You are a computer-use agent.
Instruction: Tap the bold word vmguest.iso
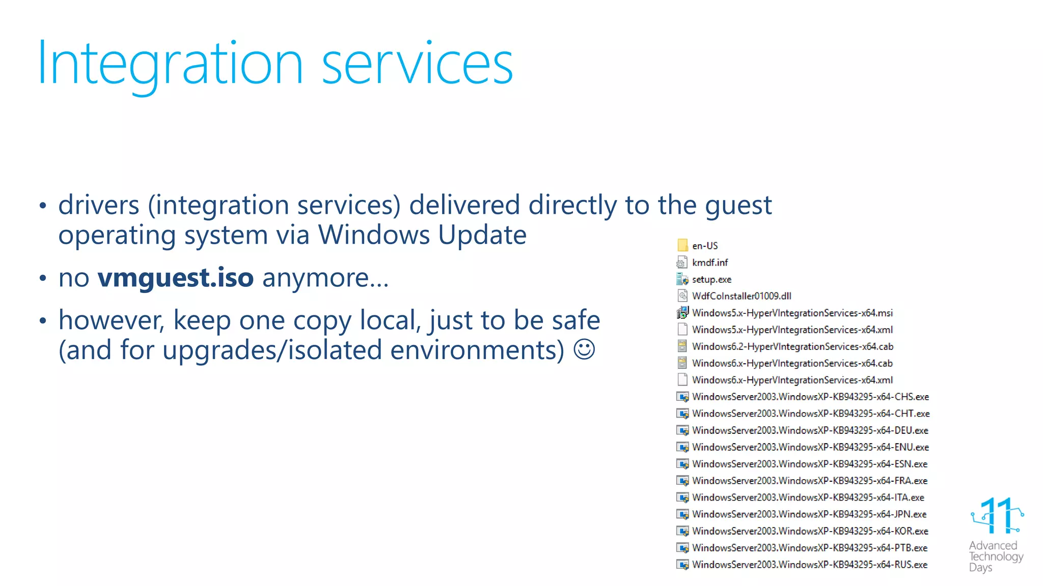(x=176, y=278)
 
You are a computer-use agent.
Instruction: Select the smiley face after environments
(x=584, y=349)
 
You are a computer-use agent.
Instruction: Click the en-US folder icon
(x=682, y=245)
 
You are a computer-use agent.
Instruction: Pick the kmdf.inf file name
(x=710, y=262)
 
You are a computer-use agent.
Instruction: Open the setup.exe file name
(x=711, y=279)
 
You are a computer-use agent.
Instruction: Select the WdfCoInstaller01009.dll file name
(x=742, y=296)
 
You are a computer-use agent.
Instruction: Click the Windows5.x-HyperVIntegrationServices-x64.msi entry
(x=792, y=313)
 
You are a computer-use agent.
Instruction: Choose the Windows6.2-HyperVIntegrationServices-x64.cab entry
(x=792, y=346)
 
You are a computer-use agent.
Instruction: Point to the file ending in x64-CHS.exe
(x=810, y=397)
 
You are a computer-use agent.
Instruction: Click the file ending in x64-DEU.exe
(x=810, y=430)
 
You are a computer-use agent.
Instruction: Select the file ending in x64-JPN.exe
(x=809, y=514)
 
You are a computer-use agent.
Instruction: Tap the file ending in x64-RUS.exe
(x=810, y=565)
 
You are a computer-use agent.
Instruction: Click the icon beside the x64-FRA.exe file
(x=682, y=481)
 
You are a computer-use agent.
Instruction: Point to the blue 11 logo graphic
(x=997, y=516)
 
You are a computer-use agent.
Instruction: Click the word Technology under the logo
(x=996, y=556)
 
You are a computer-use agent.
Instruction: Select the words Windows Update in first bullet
(x=422, y=235)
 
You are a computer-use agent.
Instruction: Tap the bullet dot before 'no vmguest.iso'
(x=43, y=278)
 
